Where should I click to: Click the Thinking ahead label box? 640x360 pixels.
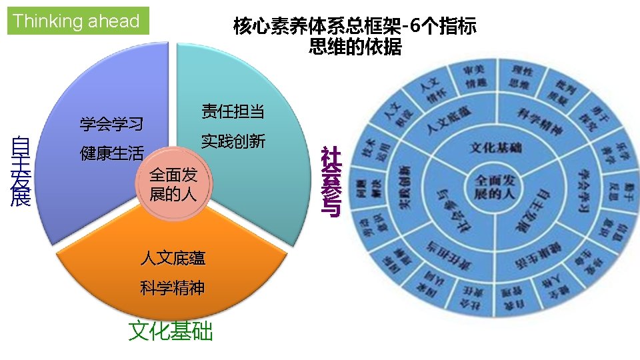(77, 21)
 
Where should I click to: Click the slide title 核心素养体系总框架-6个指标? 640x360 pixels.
(355, 27)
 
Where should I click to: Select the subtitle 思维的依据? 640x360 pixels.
(355, 47)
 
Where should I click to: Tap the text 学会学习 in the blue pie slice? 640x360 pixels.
(111, 124)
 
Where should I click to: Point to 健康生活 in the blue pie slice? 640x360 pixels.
(111, 154)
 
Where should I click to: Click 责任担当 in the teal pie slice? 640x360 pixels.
(233, 111)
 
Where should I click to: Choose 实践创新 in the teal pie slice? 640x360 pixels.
(233, 141)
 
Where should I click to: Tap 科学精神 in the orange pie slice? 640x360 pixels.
(173, 288)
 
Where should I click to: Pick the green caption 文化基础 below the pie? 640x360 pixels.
(171, 331)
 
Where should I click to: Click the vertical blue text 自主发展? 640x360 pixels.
(21, 171)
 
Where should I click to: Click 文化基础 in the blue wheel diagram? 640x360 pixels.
(495, 147)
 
